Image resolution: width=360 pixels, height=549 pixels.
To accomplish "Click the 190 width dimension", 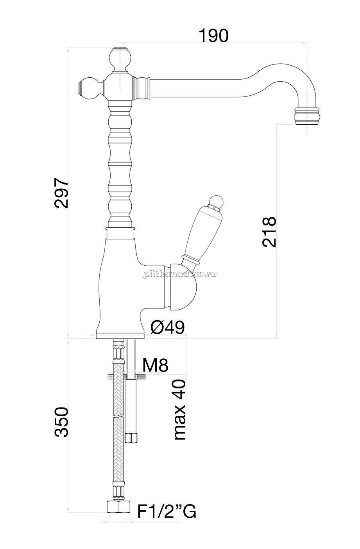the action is coord(213,36).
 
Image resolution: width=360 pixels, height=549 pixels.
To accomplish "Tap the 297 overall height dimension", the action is coord(61,193).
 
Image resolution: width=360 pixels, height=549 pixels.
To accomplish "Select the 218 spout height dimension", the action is coord(269,232).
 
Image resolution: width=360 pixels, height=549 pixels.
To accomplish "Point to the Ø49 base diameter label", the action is coord(167,327).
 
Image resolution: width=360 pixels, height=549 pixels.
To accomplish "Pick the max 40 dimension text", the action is coord(179,410).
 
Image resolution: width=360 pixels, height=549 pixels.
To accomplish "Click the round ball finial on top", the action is coord(120,59).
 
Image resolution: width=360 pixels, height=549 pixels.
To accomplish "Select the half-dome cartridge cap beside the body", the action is coord(183,287).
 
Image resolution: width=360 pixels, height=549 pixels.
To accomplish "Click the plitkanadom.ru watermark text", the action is coord(180,274).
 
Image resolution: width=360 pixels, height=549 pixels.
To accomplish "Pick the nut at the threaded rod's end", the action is coord(131,438).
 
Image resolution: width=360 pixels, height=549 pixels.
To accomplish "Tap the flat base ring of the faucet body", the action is coord(120,336).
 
